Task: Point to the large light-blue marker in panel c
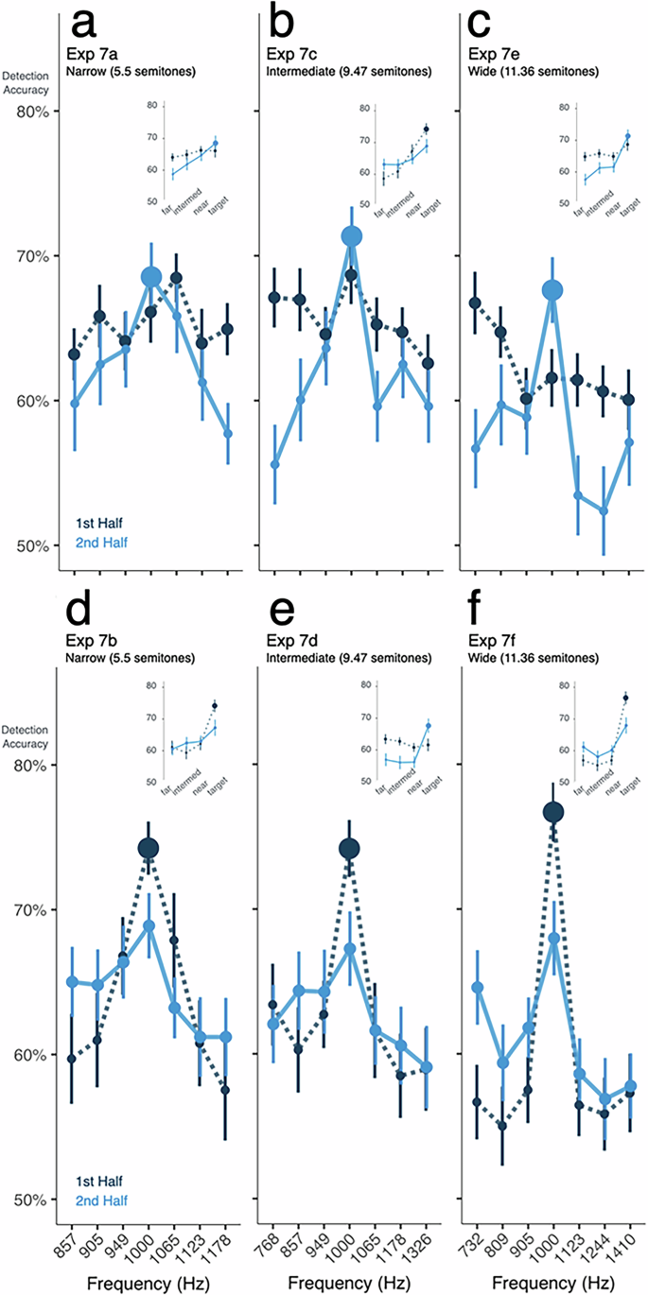[553, 291]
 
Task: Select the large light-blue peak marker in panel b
[352, 236]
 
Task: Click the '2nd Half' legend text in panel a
[101, 542]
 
